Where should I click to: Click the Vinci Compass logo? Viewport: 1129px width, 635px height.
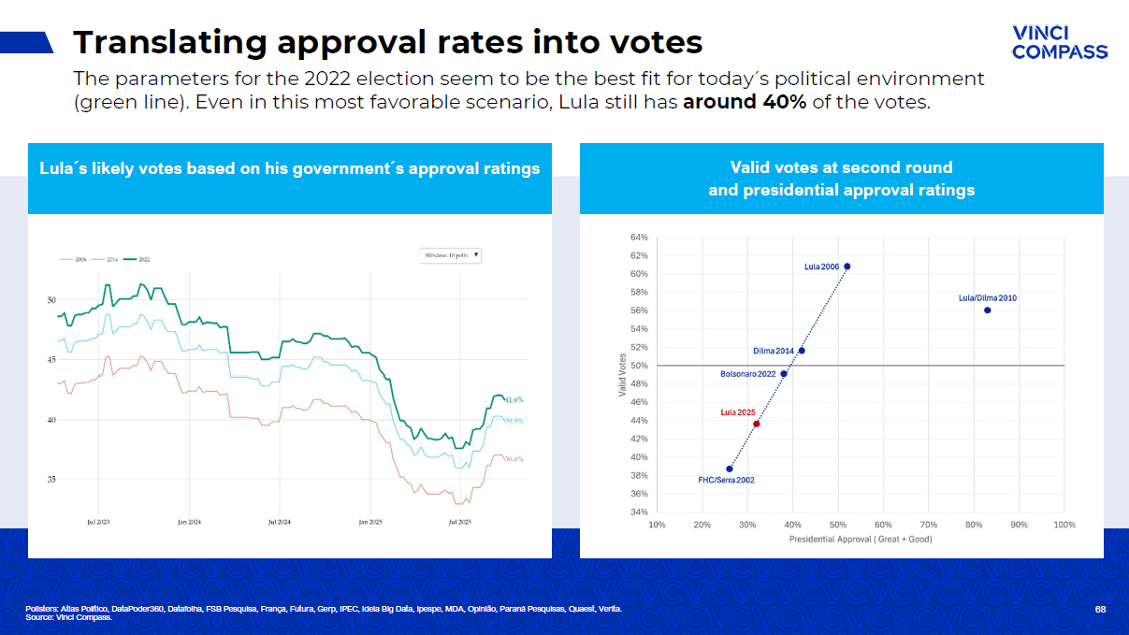click(x=1059, y=42)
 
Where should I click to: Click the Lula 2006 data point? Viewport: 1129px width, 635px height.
click(x=847, y=267)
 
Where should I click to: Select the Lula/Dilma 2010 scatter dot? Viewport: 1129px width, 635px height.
click(x=987, y=310)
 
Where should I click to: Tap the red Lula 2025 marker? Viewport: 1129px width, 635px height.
click(x=757, y=424)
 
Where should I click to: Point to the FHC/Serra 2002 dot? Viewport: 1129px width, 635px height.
click(x=730, y=469)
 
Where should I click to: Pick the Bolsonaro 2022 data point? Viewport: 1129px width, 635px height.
click(x=784, y=374)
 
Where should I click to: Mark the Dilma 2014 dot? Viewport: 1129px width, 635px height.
click(x=802, y=351)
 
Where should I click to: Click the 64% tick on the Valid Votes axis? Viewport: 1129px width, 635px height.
click(x=639, y=238)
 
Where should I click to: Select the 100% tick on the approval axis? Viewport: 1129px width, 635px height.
click(x=1064, y=526)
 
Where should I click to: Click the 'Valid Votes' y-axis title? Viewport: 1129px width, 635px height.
click(x=622, y=375)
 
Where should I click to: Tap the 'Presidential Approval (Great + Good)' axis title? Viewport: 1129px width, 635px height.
click(x=861, y=540)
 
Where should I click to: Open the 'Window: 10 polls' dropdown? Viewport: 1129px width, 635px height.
click(x=452, y=254)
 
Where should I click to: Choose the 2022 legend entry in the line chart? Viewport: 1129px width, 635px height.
click(x=138, y=259)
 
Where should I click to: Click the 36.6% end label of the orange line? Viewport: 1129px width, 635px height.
click(x=514, y=459)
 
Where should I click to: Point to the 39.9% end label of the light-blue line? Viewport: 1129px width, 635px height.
click(x=514, y=421)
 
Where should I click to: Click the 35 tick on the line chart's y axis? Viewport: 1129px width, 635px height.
click(x=52, y=480)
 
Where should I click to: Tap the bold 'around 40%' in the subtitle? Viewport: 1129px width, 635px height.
click(x=745, y=102)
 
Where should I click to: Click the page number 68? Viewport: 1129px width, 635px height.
click(x=1100, y=610)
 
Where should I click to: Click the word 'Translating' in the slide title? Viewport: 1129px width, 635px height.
click(x=168, y=42)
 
